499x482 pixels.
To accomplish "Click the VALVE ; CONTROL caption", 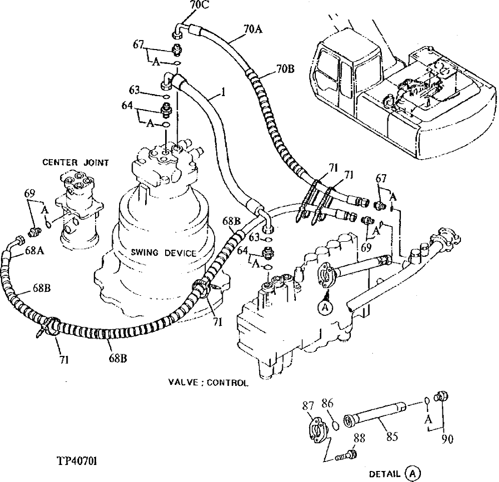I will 208,383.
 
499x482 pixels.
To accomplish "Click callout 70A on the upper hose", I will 253,30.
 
